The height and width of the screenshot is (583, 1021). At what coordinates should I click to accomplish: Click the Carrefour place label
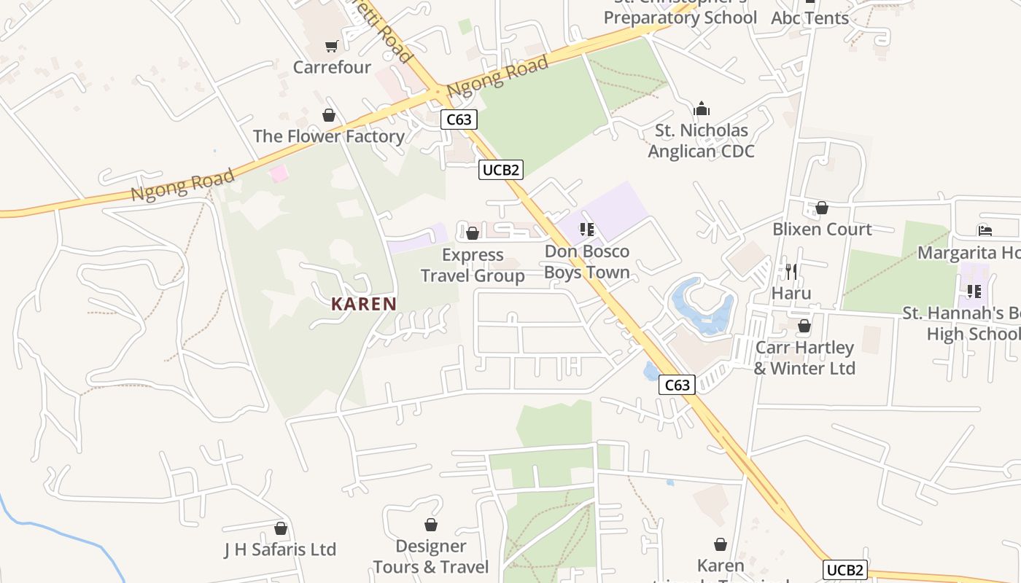coord(332,67)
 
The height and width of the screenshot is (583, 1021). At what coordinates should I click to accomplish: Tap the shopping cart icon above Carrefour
coord(332,47)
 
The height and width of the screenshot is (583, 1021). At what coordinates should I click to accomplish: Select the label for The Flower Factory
coord(328,136)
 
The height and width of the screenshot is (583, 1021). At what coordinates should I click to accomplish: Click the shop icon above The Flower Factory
coord(329,115)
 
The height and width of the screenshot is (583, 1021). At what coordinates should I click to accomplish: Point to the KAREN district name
coord(364,304)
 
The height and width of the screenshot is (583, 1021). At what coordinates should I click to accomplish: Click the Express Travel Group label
coord(473,265)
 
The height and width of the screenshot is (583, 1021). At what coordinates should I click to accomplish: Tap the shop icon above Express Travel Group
coord(473,233)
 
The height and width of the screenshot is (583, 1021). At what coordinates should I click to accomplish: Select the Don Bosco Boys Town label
coord(587,262)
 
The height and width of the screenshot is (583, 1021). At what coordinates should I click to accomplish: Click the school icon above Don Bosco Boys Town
coord(587,230)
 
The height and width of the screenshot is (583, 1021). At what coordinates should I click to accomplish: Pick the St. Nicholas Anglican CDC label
coord(702,141)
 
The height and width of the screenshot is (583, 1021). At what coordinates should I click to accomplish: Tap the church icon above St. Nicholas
coord(702,109)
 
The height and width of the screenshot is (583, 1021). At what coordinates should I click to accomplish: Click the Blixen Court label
coord(822,229)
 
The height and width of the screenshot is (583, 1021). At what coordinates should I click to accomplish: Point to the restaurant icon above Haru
coord(791,271)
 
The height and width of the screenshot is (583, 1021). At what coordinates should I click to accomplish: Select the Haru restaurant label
coord(791,293)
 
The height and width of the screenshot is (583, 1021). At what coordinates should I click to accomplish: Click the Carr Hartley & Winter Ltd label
coord(804,358)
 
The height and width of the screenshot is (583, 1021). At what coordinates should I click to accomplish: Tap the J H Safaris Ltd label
coord(280,549)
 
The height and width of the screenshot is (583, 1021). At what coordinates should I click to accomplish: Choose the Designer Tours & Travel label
coord(431,557)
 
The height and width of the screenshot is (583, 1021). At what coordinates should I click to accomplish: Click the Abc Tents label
coord(810,18)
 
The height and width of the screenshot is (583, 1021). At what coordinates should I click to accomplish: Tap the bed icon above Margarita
coord(985,231)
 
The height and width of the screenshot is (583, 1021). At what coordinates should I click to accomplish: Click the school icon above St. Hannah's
coord(974,291)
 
